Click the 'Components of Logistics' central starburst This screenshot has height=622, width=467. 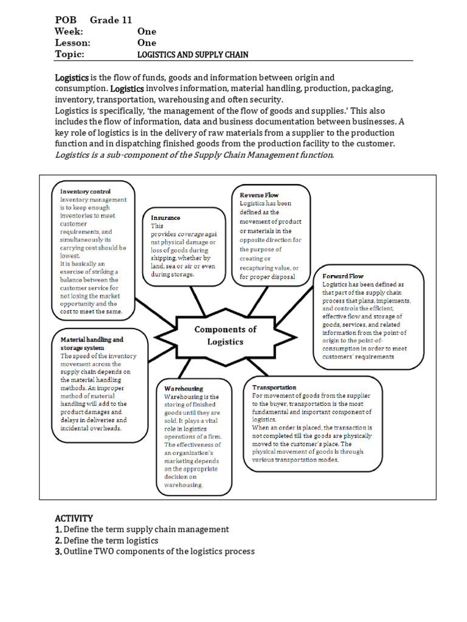point(226,335)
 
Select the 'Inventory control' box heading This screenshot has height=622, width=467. point(86,191)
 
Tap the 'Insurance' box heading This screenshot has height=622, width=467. point(165,217)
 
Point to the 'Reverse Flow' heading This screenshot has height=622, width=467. point(260,195)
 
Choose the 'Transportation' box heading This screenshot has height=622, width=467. point(274,387)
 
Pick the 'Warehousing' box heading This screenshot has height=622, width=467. point(184,388)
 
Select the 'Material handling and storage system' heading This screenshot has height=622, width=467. point(92,344)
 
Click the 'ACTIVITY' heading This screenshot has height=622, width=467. point(74,518)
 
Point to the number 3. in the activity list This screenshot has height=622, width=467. point(58,552)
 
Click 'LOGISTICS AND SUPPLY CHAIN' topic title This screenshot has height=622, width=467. point(193,55)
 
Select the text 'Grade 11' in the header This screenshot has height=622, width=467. point(111,19)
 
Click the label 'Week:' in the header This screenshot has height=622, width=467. point(69,31)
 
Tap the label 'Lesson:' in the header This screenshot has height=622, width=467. point(72,43)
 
